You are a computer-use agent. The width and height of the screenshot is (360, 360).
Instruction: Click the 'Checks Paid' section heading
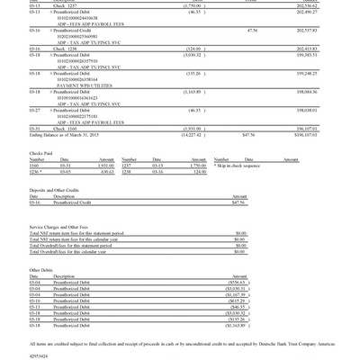pos(42,153)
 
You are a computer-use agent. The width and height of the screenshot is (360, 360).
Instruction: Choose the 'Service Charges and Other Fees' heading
pos(62,227)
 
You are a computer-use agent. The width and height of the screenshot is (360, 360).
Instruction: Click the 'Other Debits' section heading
pos(41,269)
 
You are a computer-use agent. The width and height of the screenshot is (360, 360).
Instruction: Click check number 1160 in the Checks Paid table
pos(34,166)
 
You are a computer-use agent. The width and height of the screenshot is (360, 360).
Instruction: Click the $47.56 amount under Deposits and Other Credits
pos(238,202)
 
